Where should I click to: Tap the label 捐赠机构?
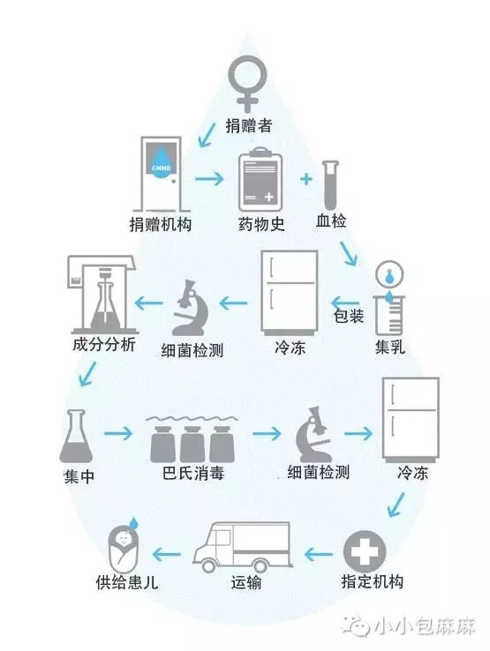161,225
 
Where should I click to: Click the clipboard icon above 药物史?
260,180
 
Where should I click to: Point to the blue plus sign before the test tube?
305,179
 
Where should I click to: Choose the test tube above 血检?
331,185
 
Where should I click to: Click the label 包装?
348,317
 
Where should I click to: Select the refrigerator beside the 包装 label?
290,293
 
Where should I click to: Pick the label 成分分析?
104,345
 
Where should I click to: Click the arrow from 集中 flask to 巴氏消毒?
118,434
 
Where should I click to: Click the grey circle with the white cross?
365,552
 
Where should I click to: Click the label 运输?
246,582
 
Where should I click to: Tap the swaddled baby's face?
124,539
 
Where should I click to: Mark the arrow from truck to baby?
167,554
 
